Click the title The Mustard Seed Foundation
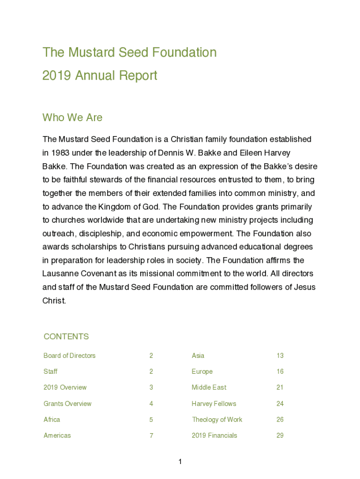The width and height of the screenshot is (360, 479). (x=130, y=52)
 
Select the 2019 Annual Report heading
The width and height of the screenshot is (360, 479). (x=100, y=76)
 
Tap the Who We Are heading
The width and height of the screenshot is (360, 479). (x=72, y=117)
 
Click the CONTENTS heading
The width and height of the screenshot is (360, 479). (x=66, y=337)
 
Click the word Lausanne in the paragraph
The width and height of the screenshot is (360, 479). (x=60, y=274)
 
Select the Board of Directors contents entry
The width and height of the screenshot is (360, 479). (x=69, y=356)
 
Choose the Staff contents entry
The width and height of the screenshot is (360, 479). (x=50, y=372)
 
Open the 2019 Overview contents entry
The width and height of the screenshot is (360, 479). (x=65, y=388)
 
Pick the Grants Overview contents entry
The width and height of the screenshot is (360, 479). (x=67, y=404)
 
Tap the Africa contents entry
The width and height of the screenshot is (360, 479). (x=52, y=420)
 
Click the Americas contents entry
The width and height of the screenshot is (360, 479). (x=57, y=435)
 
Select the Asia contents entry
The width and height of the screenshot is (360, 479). (x=198, y=356)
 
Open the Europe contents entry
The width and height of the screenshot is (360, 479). (x=202, y=372)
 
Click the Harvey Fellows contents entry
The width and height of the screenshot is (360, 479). (x=214, y=404)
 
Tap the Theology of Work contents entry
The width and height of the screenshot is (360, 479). (x=217, y=420)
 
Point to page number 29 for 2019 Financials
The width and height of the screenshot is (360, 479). (x=280, y=435)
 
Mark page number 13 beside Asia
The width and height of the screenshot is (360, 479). (x=280, y=356)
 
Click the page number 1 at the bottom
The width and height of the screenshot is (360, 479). (x=180, y=462)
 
